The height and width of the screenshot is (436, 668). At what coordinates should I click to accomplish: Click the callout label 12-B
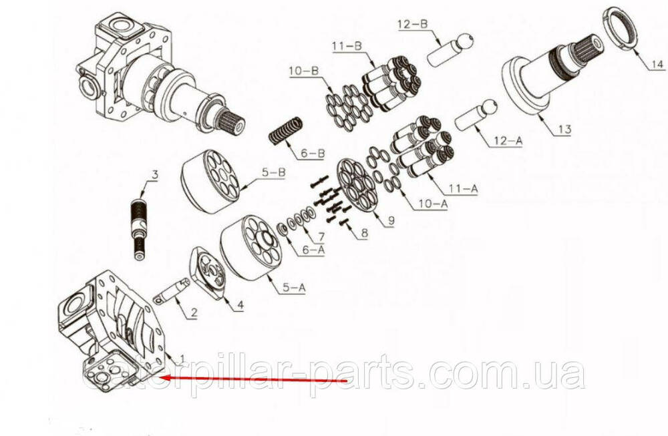click(x=412, y=25)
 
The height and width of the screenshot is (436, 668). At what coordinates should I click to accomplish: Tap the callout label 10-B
click(x=304, y=71)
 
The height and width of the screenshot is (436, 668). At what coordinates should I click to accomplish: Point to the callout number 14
click(x=657, y=65)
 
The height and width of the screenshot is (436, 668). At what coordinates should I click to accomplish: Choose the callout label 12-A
click(x=508, y=140)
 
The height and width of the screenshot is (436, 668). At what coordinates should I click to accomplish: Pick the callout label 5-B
click(x=273, y=174)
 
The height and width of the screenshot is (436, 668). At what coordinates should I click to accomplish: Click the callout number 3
click(x=155, y=174)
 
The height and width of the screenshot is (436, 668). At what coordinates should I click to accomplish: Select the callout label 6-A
click(x=313, y=250)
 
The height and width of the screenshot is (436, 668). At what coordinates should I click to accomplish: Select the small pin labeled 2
click(x=172, y=292)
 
